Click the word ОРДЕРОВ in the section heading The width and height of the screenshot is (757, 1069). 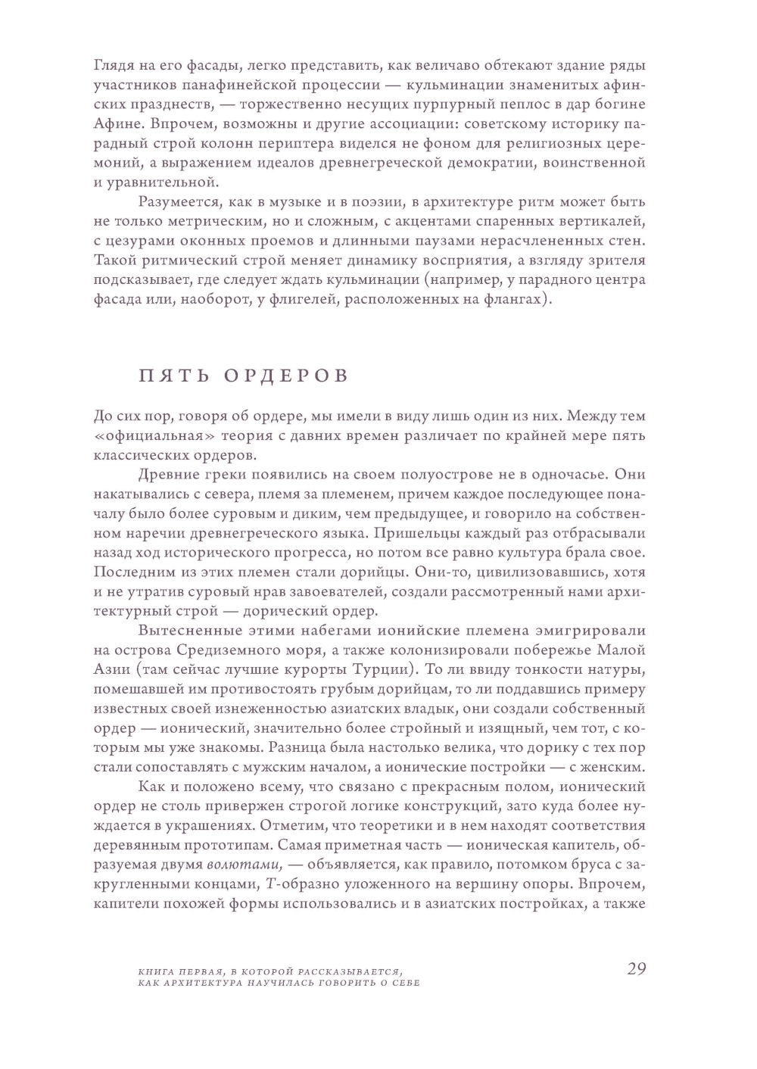click(287, 376)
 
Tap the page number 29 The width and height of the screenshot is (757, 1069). click(636, 969)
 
